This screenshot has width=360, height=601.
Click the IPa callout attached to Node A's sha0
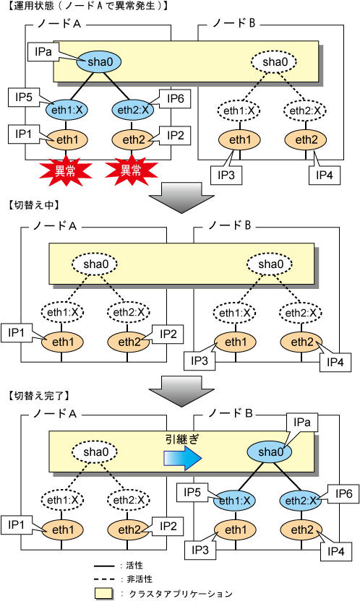click(x=43, y=52)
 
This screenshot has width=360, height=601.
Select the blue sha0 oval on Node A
click(x=99, y=61)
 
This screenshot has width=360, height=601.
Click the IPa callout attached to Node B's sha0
click(x=302, y=423)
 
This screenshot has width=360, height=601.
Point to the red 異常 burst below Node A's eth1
click(x=65, y=171)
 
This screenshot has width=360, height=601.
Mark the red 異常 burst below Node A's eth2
click(x=132, y=171)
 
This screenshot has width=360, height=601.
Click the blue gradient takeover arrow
click(x=183, y=458)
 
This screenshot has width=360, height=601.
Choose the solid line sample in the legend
click(x=105, y=566)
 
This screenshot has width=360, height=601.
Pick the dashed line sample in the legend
click(x=105, y=579)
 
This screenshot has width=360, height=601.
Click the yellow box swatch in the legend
click(x=103, y=593)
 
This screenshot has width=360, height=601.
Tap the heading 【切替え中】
click(x=34, y=204)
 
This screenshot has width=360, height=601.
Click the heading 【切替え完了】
click(x=38, y=395)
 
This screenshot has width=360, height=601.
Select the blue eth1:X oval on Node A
click(x=67, y=111)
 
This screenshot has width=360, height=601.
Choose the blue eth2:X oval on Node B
click(x=301, y=501)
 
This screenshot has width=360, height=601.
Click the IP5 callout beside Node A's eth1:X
click(x=24, y=98)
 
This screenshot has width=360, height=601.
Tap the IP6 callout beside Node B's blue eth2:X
click(x=343, y=493)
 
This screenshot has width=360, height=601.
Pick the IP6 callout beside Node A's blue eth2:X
click(x=175, y=99)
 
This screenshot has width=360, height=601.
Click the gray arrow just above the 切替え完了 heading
click(x=181, y=391)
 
